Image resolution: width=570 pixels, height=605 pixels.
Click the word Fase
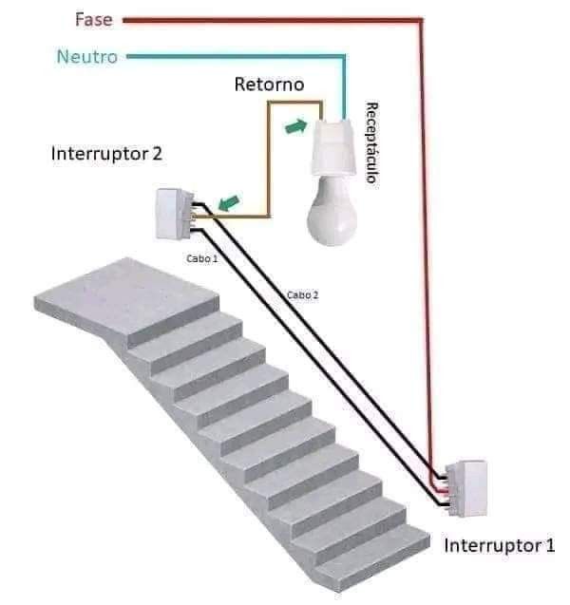[x=92, y=18]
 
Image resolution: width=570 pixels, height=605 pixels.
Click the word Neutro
[x=87, y=56]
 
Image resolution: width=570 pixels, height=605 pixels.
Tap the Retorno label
[x=269, y=85]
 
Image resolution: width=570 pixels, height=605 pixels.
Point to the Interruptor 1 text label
[x=499, y=546]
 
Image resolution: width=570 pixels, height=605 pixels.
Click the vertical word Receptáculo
[x=372, y=142]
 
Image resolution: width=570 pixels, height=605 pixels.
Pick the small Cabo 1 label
[x=201, y=257]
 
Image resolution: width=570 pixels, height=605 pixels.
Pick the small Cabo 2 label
[x=302, y=294]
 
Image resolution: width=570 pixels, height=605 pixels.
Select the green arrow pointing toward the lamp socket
[x=298, y=126]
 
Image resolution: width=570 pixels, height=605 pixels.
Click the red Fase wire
[x=422, y=237]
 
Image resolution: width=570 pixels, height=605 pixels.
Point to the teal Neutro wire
[x=237, y=56]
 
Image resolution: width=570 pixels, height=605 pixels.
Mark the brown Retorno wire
[x=266, y=161]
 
